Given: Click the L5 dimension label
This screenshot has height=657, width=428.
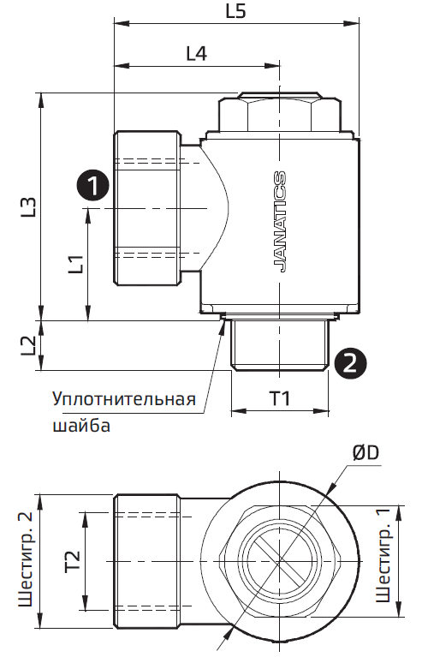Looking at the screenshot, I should click(x=235, y=13).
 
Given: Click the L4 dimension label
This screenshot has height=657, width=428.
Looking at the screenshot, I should click(x=196, y=53).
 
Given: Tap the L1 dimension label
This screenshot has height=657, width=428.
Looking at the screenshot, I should click(x=75, y=264).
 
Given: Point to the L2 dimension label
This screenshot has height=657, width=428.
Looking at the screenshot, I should click(x=28, y=345).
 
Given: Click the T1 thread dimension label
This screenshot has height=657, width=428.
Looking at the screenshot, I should click(x=280, y=398).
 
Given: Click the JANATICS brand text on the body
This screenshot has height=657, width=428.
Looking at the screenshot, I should click(x=279, y=221).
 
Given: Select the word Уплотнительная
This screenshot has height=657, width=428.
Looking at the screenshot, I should click(x=123, y=400).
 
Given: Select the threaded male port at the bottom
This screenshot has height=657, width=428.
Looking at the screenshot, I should click(x=280, y=344).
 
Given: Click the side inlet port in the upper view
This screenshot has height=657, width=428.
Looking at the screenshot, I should click(x=149, y=208).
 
